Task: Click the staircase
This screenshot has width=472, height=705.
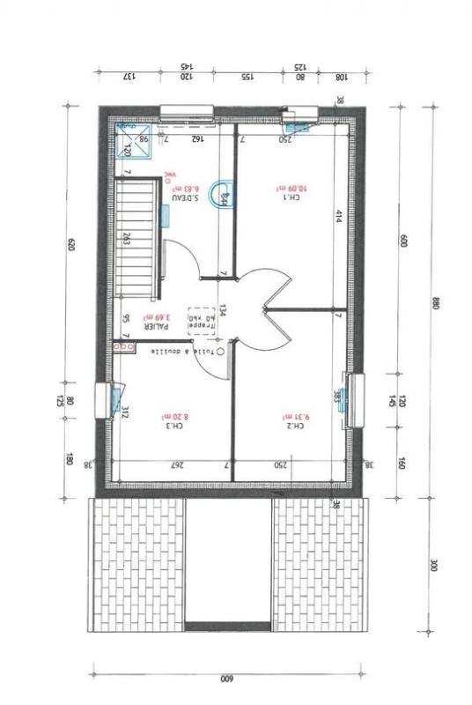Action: click(x=136, y=238)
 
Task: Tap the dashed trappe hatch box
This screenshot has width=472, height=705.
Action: click(x=202, y=323)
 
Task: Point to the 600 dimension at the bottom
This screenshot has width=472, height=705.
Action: click(x=225, y=679)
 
